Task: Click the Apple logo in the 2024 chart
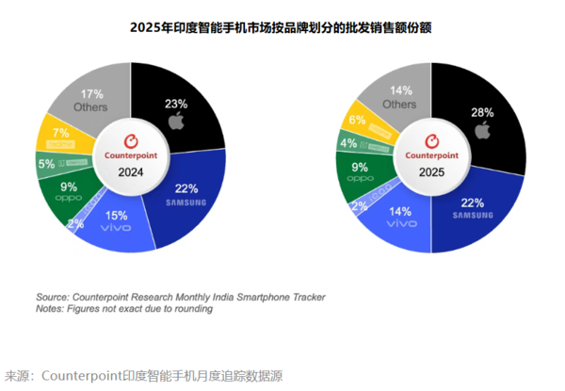coord(175,122)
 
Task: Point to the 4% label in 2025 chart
coord(348,144)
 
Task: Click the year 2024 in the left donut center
coord(130,172)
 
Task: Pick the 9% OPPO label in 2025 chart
coord(360,170)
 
